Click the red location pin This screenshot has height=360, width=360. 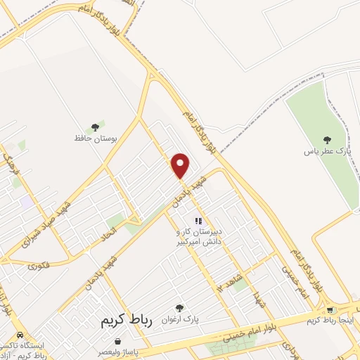(181, 165)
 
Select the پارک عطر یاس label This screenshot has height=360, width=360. (327, 151)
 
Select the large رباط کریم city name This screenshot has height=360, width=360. (122, 319)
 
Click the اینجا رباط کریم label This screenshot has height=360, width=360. (331, 321)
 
